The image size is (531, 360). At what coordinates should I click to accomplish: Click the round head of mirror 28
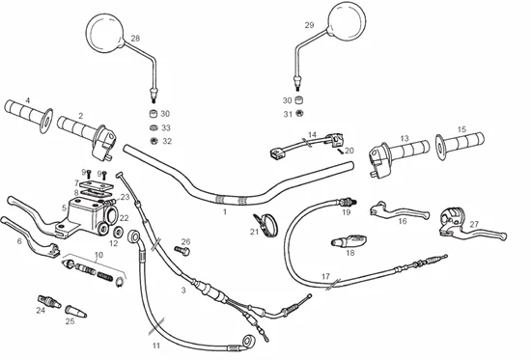[104, 33]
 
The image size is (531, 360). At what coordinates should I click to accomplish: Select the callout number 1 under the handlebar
[225, 211]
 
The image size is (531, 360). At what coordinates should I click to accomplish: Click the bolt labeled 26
[182, 251]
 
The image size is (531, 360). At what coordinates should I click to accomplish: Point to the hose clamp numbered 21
[265, 224]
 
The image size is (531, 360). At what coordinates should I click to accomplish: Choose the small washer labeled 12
[119, 232]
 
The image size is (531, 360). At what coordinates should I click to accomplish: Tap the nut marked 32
[154, 140]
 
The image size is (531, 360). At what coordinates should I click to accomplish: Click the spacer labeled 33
[154, 127]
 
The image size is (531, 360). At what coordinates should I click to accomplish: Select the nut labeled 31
[299, 113]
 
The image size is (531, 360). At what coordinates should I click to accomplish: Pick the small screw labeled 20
[340, 151]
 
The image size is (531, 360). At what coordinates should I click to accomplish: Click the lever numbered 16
[399, 210]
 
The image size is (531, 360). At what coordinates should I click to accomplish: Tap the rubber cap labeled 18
[349, 240]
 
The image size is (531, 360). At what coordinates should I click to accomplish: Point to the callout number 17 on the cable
[325, 276]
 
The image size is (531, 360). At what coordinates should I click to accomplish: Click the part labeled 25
[75, 311]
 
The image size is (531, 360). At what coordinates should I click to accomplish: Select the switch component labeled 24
[49, 301]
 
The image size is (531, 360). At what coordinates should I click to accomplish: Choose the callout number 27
[474, 224]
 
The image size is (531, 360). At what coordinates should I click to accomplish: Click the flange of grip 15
[440, 148]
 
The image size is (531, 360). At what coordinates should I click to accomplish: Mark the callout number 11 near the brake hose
[155, 346]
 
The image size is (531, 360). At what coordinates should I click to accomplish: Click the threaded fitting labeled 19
[349, 202]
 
